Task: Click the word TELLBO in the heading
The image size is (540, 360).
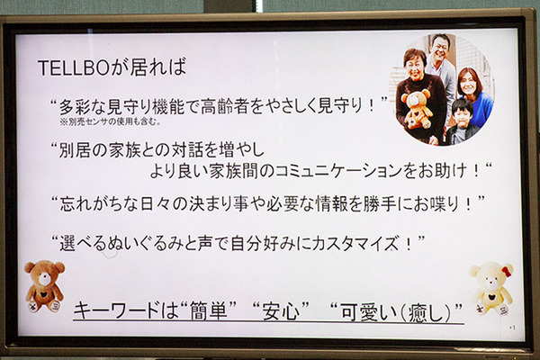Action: coord(68,68)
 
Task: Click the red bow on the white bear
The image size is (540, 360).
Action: coord(507,271)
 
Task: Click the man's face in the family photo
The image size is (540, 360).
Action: coord(440,49)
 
